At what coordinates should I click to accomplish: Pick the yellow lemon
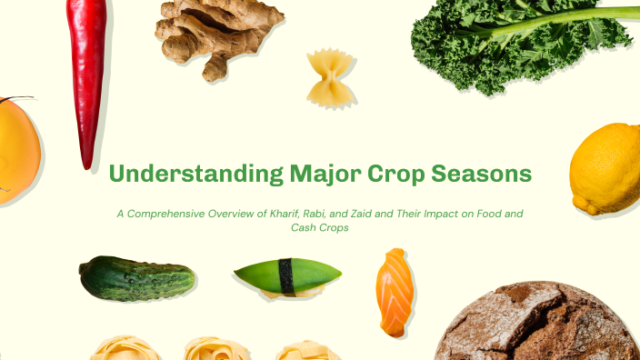(x=606, y=169)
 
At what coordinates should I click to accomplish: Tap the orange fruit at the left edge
(x=16, y=149)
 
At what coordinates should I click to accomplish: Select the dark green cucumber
(x=136, y=278)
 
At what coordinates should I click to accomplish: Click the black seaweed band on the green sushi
(x=287, y=276)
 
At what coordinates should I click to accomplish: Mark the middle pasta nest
(x=215, y=349)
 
